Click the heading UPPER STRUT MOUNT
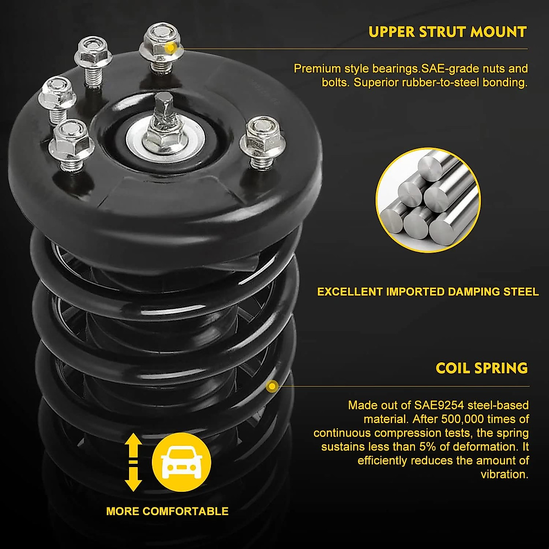pyautogui.click(x=447, y=32)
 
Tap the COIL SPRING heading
pyautogui.click(x=482, y=368)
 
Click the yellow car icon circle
pyautogui.click(x=181, y=463)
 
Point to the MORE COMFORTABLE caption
pyautogui.click(x=167, y=511)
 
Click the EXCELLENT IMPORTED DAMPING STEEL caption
pyautogui.click(x=428, y=292)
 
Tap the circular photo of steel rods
pyautogui.click(x=428, y=200)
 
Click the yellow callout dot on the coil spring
pyautogui.click(x=272, y=387)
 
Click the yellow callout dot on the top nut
pyautogui.click(x=170, y=47)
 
